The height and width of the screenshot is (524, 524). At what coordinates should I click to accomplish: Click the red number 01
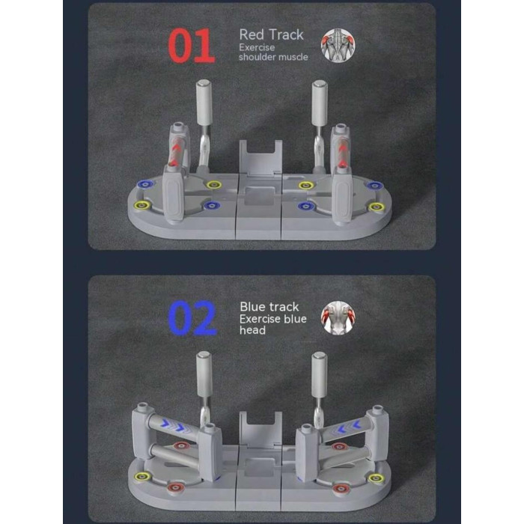pyautogui.click(x=191, y=46)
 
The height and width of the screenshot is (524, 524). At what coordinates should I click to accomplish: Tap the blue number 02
pyautogui.click(x=192, y=318)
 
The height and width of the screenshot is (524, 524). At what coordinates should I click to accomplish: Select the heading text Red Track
pyautogui.click(x=271, y=34)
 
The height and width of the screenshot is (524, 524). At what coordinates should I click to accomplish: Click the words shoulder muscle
pyautogui.click(x=273, y=57)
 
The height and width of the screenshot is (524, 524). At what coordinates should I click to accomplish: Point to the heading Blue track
pyautogui.click(x=269, y=307)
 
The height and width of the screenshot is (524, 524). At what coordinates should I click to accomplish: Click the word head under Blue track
pyautogui.click(x=253, y=330)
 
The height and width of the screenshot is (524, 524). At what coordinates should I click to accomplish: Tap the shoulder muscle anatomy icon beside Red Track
pyautogui.click(x=338, y=46)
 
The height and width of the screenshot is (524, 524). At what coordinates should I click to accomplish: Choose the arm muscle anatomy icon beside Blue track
pyautogui.click(x=338, y=318)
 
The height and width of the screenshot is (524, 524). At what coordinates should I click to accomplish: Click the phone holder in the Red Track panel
pyautogui.click(x=261, y=157)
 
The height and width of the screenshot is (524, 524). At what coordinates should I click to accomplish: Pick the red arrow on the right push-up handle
pyautogui.click(x=341, y=154)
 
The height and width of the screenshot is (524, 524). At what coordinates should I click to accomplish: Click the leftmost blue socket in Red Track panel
pyautogui.click(x=146, y=184)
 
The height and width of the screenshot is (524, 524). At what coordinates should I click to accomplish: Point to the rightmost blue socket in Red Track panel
pyautogui.click(x=375, y=185)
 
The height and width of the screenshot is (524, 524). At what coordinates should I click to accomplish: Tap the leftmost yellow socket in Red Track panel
pyautogui.click(x=141, y=205)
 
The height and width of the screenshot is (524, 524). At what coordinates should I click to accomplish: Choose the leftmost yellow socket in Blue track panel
pyautogui.click(x=141, y=477)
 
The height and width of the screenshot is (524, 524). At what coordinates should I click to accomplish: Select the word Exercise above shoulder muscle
pyautogui.click(x=257, y=47)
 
